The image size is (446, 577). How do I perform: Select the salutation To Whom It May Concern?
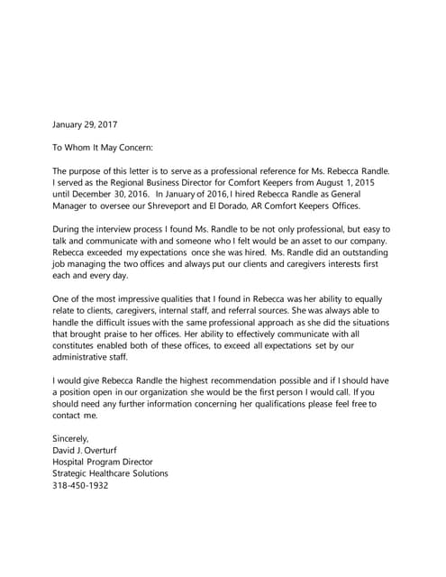click(x=103, y=146)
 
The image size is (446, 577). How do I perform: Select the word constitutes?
click(x=80, y=345)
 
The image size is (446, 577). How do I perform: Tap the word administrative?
click(x=88, y=357)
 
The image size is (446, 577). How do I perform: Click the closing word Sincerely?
click(x=71, y=438)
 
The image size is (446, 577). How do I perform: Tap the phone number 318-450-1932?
click(x=81, y=485)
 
